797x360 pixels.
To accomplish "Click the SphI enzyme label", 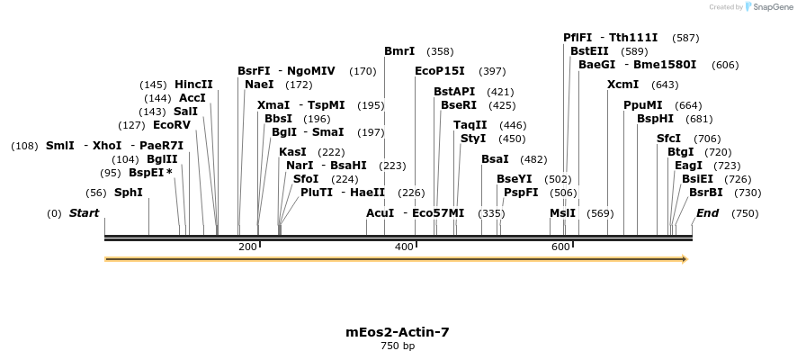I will click(x=128, y=193).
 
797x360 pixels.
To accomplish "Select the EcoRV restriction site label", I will click(x=171, y=125).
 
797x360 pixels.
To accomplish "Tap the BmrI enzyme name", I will click(x=399, y=51).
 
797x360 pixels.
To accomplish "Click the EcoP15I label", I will click(x=440, y=71).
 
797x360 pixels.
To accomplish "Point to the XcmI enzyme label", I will click(x=622, y=85).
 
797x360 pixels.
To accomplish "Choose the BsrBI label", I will click(x=706, y=193).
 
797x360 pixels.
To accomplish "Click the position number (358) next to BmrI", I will click(x=440, y=51).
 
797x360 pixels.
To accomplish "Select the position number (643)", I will click(x=665, y=85).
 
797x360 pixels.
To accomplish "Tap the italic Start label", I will click(x=84, y=213).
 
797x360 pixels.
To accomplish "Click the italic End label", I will click(x=707, y=213).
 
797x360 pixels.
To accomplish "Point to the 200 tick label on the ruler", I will click(x=247, y=247).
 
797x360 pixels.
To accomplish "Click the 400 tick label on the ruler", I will click(x=404, y=247).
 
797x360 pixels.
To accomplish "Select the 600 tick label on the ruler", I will click(x=560, y=247).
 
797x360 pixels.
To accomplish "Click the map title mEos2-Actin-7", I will click(x=398, y=332).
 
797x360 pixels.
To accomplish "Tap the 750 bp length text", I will click(x=398, y=346).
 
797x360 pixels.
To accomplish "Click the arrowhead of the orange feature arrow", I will click(x=685, y=259).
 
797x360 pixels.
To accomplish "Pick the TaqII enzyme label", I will click(x=470, y=125).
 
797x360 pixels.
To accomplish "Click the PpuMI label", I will click(x=642, y=105).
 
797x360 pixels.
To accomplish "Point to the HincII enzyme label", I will click(x=193, y=85).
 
